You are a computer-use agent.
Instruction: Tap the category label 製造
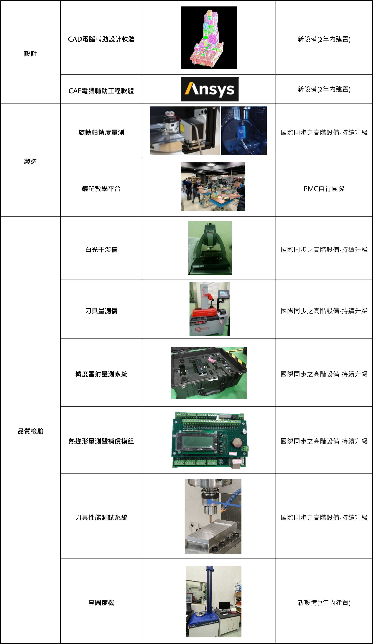click(30, 161)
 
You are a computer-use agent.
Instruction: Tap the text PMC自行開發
click(324, 189)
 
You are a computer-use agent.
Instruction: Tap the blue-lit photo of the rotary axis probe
click(244, 131)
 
